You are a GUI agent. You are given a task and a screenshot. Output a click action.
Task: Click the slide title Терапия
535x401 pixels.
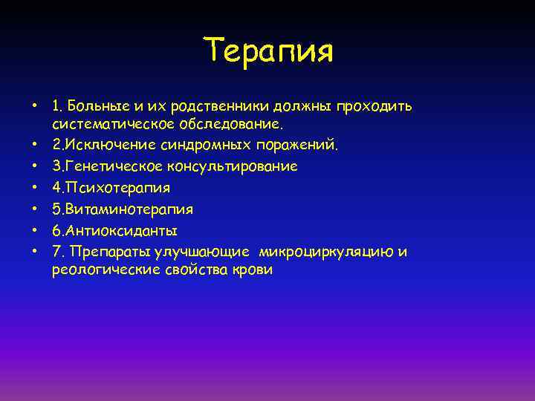(x=270, y=51)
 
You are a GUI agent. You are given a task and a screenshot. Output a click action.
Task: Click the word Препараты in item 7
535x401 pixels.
(x=103, y=252)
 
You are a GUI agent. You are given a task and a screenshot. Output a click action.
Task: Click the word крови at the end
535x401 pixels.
(x=253, y=270)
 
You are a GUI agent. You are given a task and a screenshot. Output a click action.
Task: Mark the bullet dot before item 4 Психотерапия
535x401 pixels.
(x=35, y=186)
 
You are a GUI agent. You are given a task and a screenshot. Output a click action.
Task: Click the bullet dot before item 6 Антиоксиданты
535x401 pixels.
(x=35, y=229)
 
